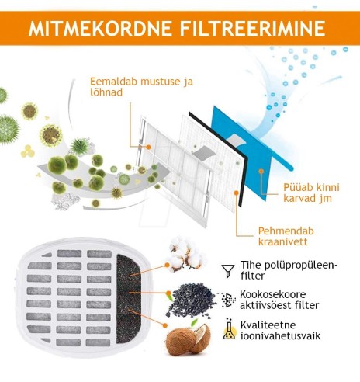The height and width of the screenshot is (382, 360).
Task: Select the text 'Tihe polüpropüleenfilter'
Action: click(x=279, y=270)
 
